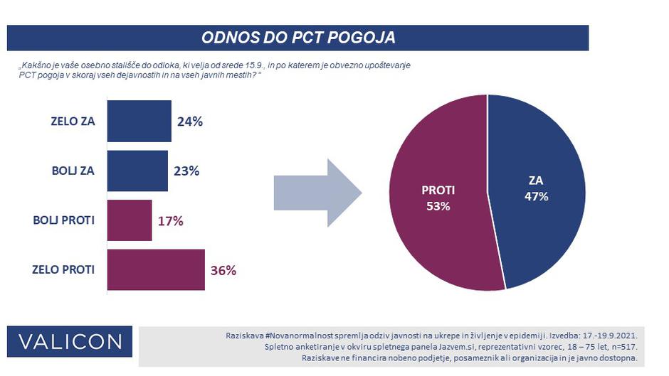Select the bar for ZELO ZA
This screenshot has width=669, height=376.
tap(139, 121)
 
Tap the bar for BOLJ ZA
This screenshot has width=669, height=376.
tap(137, 171)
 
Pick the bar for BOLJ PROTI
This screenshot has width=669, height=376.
tap(130, 220)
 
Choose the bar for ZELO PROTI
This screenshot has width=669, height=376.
tap(156, 270)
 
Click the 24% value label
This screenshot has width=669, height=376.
tap(189, 122)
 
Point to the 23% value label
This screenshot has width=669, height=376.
tap(186, 171)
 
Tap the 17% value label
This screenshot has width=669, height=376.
tap(170, 221)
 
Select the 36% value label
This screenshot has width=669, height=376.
tap(223, 271)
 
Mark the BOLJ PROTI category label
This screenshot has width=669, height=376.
tap(63, 220)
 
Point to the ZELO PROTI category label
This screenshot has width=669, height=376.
tap(63, 270)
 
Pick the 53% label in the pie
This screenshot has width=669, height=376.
tap(438, 206)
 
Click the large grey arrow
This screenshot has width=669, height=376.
tap(317, 193)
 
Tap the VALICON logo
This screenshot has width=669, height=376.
tap(70, 341)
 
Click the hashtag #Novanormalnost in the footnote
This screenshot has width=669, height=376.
tap(302, 334)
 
